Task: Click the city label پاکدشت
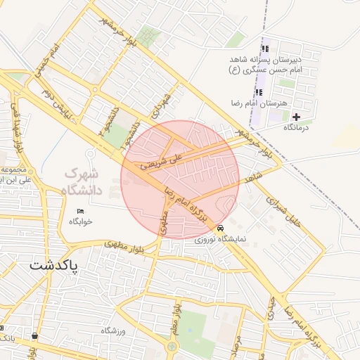[x=54, y=266]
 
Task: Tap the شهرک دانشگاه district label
[x=82, y=181]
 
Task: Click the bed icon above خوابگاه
[x=80, y=211]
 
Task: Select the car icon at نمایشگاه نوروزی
[x=221, y=229]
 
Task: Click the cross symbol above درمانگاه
[x=296, y=117]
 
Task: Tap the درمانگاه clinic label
[x=297, y=128]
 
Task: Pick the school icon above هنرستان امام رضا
[x=259, y=92]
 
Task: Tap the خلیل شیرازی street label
[x=285, y=210]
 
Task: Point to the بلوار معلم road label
[x=179, y=321]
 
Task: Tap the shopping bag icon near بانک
[x=34, y=336]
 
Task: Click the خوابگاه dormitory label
[x=81, y=221]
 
